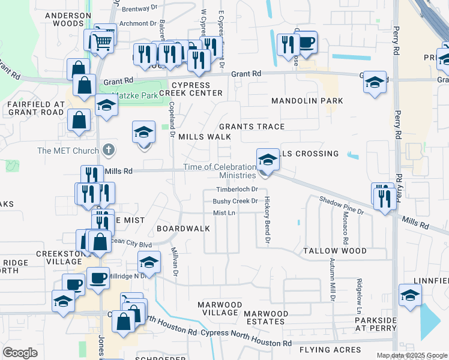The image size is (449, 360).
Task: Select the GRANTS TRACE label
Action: pos(252,127)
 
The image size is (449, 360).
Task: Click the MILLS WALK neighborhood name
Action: pos(205,137)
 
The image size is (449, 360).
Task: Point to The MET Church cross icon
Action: pos(108,149)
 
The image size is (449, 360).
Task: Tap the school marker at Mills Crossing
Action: pos(268,160)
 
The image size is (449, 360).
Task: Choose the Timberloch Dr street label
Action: pos(237,190)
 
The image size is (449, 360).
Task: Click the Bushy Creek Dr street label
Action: pos(235,201)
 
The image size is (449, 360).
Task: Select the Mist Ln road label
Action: pos(224,213)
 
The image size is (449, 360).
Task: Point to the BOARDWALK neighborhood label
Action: pos(183,229)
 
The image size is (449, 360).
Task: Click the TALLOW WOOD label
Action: pos(334,250)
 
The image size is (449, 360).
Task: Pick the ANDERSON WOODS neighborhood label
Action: pos(68,19)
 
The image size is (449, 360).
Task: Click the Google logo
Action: pos(20,352)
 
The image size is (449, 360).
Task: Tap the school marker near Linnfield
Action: pos(411,296)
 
